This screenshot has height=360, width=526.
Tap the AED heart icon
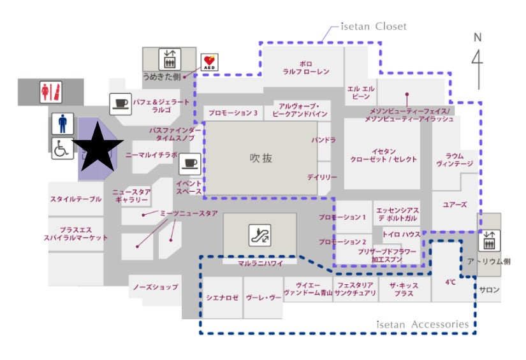pyautogui.click(x=210, y=62)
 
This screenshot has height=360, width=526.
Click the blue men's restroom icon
pyautogui.click(x=62, y=124)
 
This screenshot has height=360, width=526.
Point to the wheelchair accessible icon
pyautogui.click(x=62, y=150)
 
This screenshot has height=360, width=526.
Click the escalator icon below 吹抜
pyautogui.click(x=259, y=235)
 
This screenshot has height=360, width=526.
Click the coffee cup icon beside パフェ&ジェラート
pyautogui.click(x=121, y=103)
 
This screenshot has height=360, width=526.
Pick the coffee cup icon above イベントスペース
pyautogui.click(x=189, y=163)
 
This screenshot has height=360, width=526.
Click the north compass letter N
pyautogui.click(x=477, y=38)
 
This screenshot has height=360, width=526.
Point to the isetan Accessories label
pyautogui.click(x=422, y=325)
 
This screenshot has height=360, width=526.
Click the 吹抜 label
pyautogui.click(x=260, y=158)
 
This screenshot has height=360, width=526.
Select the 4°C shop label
pyautogui.click(x=450, y=281)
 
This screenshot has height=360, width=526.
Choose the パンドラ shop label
pyautogui.click(x=323, y=140)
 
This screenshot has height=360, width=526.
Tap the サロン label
pyautogui.click(x=490, y=290)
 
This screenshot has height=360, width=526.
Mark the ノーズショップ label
pyautogui.click(x=156, y=287)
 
